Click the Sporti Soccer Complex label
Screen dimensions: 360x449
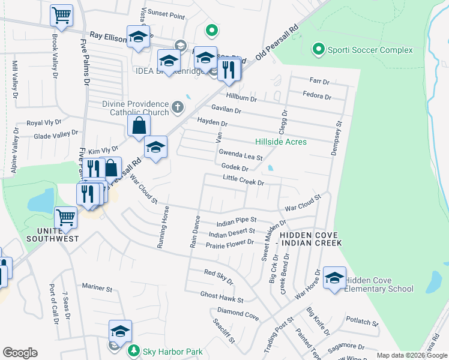[x=370, y=50]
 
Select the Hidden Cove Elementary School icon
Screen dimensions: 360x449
[x=334, y=278]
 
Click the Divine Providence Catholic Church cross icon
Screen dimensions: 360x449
[x=177, y=107]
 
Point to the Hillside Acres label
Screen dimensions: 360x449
[x=280, y=142]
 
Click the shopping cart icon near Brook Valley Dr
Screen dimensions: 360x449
[x=61, y=16]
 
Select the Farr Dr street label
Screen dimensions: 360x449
[x=319, y=81]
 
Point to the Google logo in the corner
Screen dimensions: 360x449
[x=20, y=353]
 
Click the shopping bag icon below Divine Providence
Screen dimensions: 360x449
[x=139, y=126]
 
